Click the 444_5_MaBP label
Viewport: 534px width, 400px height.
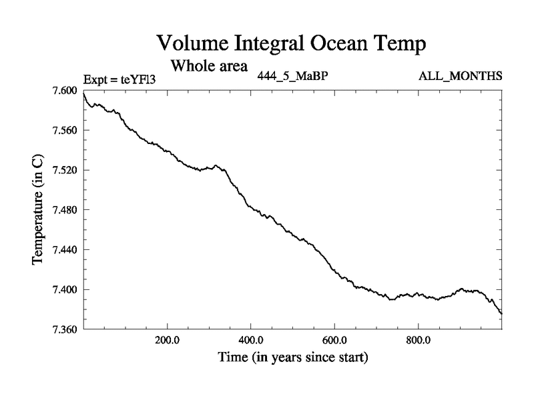tap(292, 75)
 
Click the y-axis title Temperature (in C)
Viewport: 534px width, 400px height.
tap(39, 210)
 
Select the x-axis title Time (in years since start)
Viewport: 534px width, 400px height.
tap(293, 357)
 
